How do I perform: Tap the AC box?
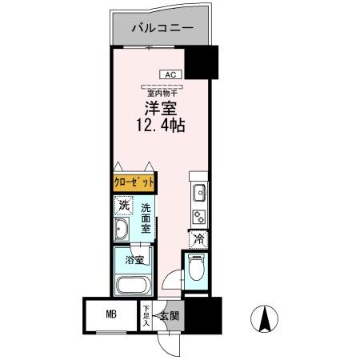click(170, 74)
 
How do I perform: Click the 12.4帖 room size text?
click(159, 126)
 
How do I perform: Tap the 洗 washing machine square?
click(123, 206)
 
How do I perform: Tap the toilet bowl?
click(196, 270)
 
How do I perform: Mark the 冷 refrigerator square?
click(197, 238)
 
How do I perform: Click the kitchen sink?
click(198, 193)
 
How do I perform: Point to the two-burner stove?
click(198, 214)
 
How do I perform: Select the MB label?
click(111, 313)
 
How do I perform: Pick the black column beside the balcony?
click(202, 62)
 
